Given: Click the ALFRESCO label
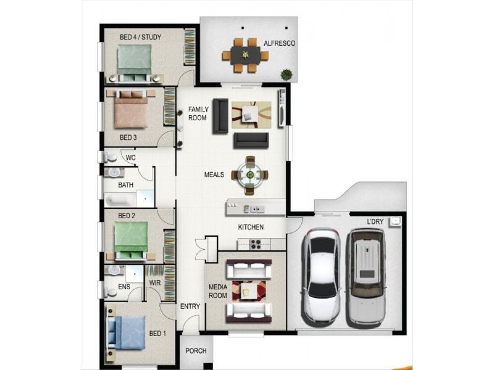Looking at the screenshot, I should coord(279,43).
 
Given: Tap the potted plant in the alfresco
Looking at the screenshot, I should coord(286,75).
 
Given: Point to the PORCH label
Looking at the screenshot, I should coord(196,351).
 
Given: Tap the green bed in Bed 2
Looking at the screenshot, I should coord(130,240).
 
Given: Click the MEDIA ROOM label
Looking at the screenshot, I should coord(217,291).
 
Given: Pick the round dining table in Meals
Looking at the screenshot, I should coord(249,175).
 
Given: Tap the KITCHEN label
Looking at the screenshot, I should coord(251,227).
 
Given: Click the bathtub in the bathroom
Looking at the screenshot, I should coord(120,200).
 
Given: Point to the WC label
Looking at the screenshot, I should coord(130,157).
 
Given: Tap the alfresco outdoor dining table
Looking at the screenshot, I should coord(246,55).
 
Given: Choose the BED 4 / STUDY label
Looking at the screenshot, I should coord(141,37).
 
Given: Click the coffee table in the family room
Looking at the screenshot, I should coord(251,113).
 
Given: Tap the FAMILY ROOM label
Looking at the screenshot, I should coord(198,113).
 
